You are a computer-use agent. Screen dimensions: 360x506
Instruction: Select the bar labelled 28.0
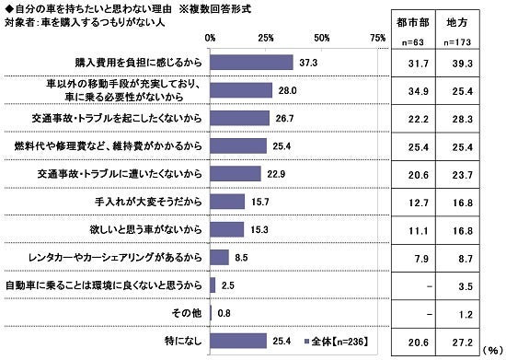click(x=242, y=90)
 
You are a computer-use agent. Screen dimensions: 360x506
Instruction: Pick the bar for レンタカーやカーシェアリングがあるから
click(x=220, y=258)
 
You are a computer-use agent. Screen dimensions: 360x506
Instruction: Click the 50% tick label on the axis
click(x=322, y=38)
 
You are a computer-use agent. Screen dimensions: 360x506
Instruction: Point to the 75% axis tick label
click(x=377, y=38)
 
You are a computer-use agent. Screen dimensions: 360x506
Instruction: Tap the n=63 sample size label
click(x=410, y=42)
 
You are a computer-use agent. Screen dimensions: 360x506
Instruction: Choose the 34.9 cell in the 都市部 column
click(x=411, y=90)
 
